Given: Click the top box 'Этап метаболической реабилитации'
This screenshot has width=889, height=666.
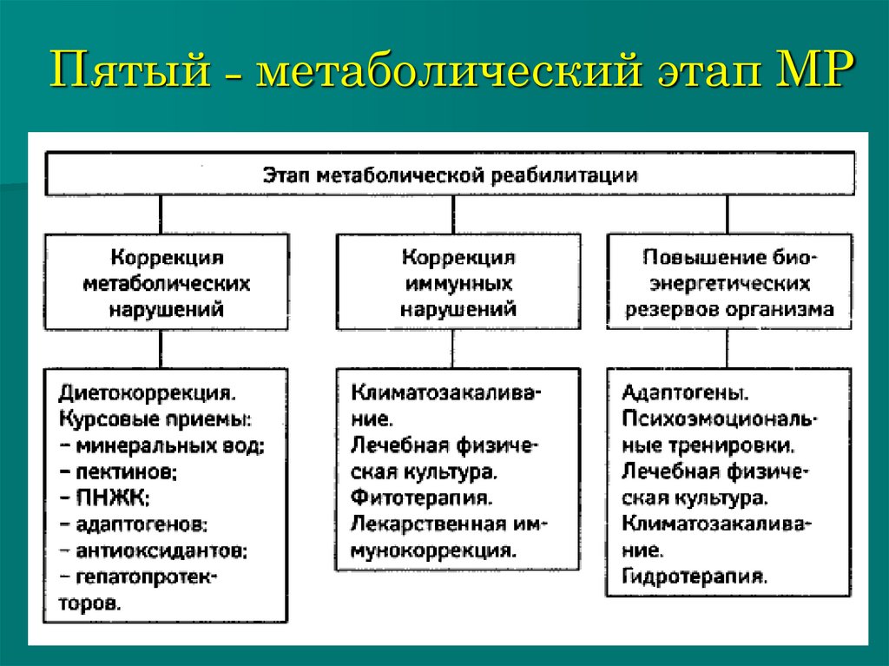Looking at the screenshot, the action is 451,175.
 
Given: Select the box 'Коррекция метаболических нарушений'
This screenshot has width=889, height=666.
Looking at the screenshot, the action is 167,282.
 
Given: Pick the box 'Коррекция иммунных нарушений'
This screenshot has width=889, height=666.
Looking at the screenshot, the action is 458,282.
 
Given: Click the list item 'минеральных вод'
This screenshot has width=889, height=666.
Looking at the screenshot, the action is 169,445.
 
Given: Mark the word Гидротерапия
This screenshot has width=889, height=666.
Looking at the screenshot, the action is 695,576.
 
